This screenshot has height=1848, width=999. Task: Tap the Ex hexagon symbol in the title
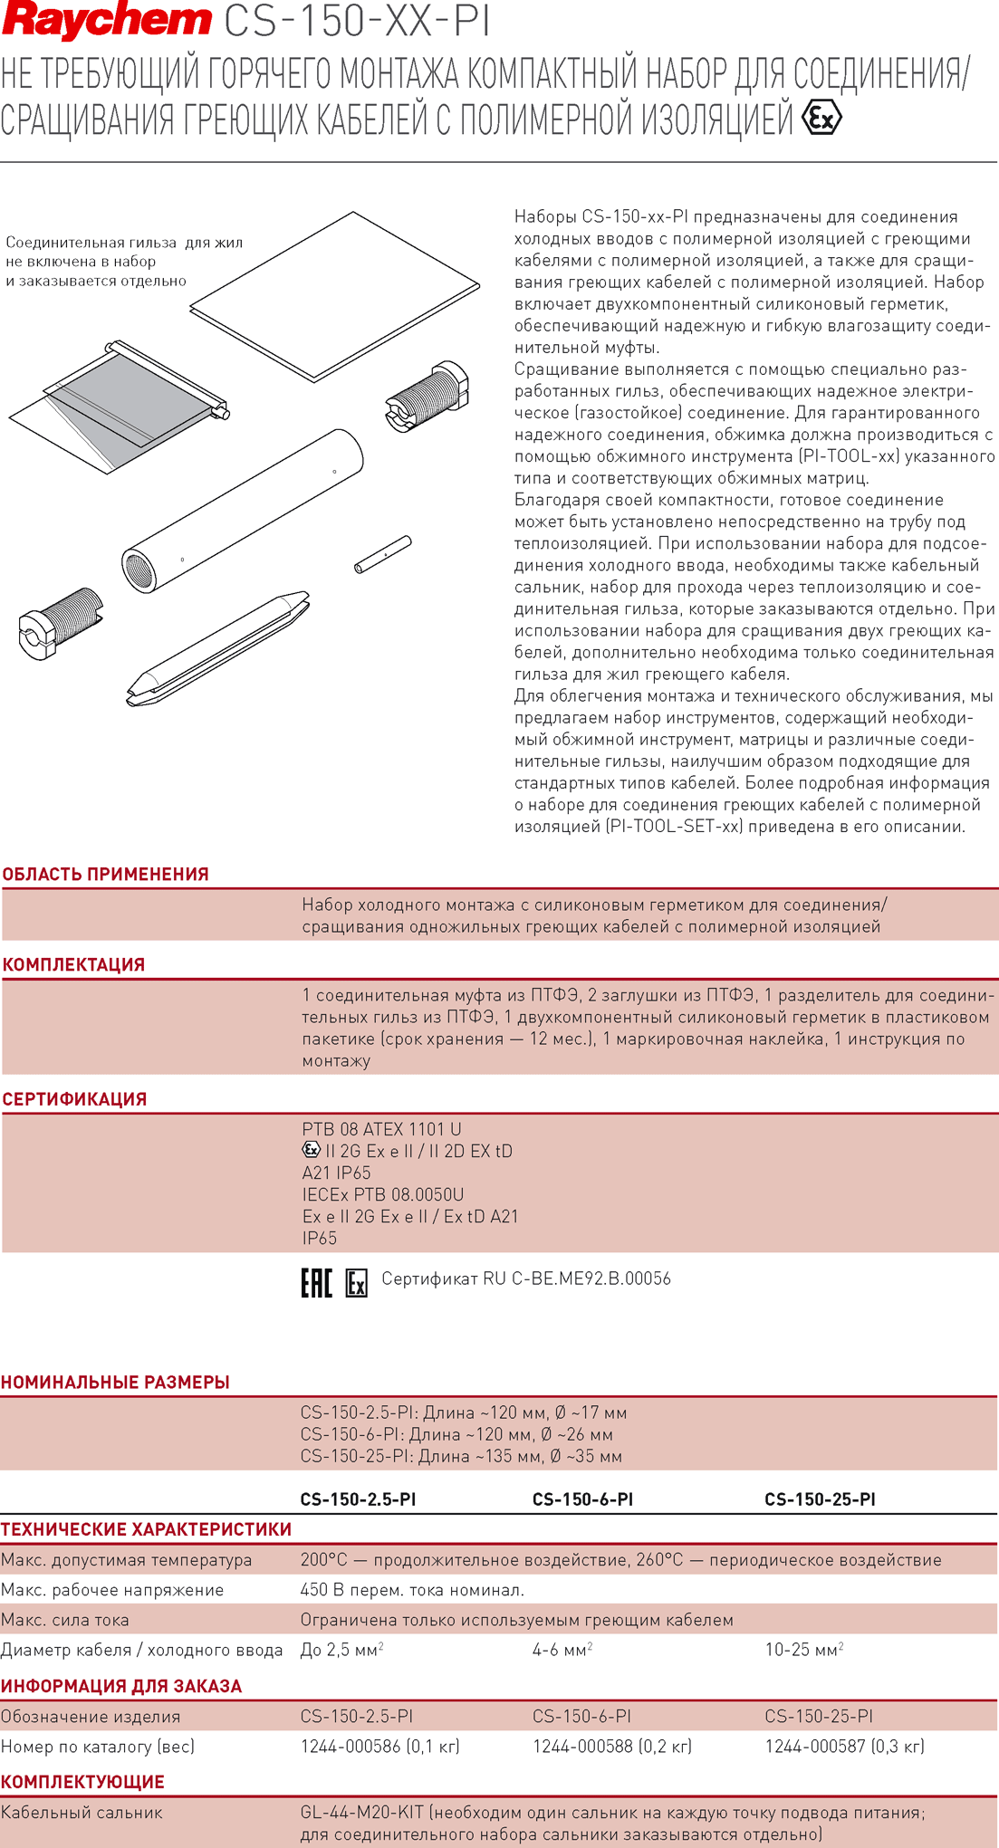click(821, 119)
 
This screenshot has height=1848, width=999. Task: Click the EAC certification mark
click(316, 1282)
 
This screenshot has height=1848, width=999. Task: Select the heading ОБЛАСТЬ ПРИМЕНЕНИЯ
click(106, 875)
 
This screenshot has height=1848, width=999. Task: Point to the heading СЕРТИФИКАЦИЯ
click(74, 1099)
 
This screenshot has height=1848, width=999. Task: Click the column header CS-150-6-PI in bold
click(582, 1499)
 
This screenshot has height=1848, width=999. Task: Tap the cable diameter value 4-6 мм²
click(562, 1651)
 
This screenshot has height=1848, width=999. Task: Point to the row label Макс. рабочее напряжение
click(112, 1591)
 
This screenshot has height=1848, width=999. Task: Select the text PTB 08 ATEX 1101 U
click(381, 1130)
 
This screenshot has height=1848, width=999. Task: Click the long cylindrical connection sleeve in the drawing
click(243, 512)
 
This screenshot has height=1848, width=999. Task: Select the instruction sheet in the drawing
click(335, 294)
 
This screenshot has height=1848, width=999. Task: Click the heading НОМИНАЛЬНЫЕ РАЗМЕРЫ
click(115, 1383)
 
